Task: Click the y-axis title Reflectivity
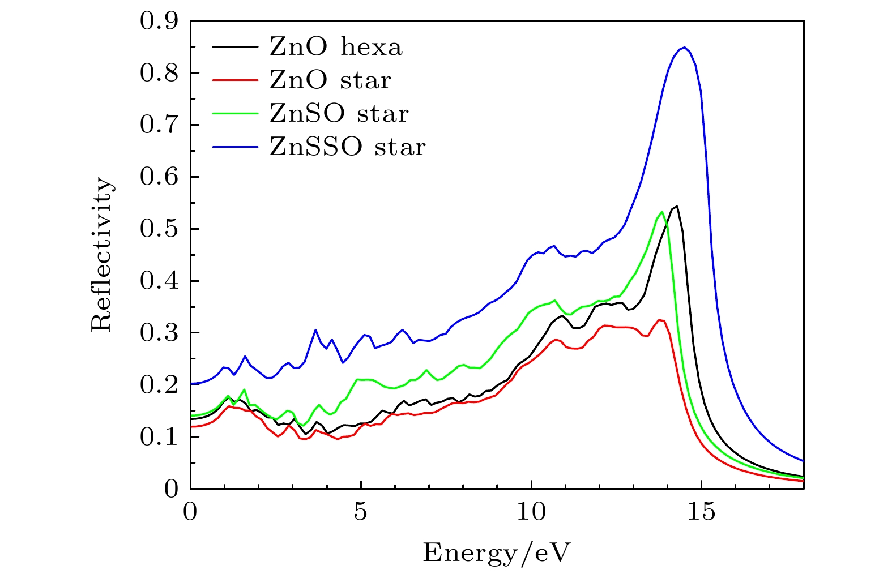tap(103, 255)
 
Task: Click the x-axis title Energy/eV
tap(496, 552)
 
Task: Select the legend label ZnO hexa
tap(336, 47)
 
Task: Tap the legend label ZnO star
tap(330, 80)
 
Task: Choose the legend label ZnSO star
tap(339, 114)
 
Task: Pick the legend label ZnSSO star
tap(347, 147)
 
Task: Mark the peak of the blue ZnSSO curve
tap(684, 47)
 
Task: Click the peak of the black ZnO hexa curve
tap(677, 206)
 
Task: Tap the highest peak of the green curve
tap(661, 212)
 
